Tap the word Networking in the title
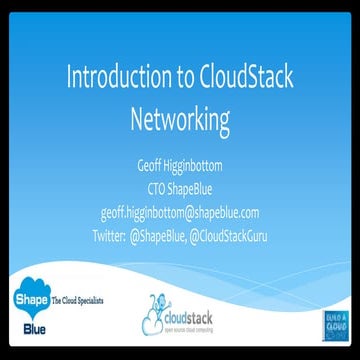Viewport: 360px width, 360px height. [180, 119]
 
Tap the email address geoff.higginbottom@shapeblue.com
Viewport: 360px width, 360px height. [180, 212]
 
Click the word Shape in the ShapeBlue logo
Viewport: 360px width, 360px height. [24, 299]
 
